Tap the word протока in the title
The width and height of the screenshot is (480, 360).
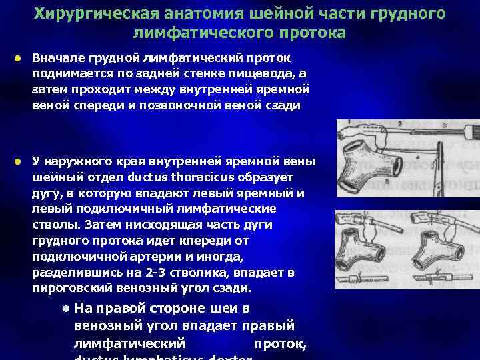[x=312, y=33]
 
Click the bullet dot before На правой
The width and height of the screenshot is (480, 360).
[x=66, y=309]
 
